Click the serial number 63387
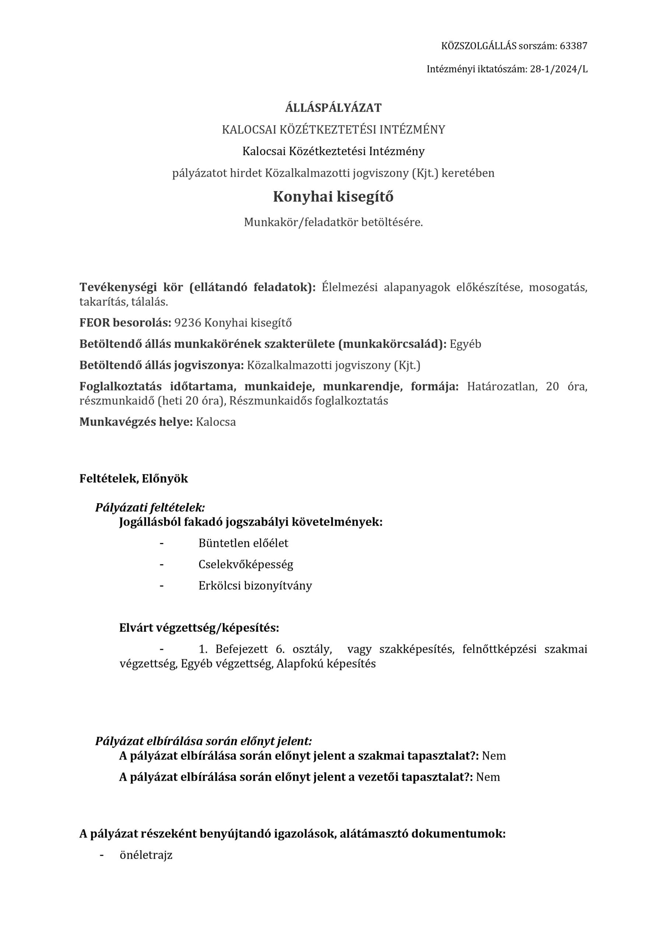(573, 46)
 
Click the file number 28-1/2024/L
(559, 69)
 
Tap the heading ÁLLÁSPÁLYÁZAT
(333, 108)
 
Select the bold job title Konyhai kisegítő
(333, 197)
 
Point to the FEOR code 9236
(188, 323)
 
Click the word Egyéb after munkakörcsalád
(465, 344)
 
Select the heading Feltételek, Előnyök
(133, 478)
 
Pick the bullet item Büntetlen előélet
(243, 543)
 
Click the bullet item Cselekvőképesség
(246, 564)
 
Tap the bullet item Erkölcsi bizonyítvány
(255, 585)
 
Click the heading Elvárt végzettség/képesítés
(199, 628)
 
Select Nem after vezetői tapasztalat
(488, 777)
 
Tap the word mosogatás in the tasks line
(558, 287)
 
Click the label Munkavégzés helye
(136, 422)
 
